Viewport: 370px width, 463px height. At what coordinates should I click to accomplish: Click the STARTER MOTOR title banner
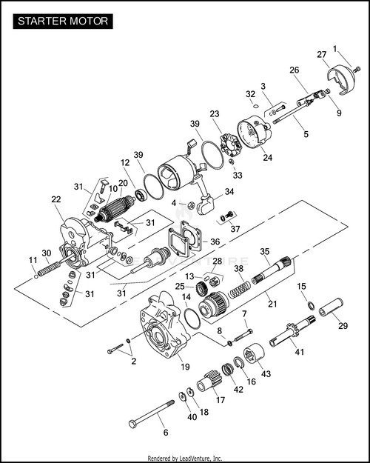click(x=63, y=21)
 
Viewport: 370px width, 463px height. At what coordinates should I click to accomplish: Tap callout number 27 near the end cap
click(x=322, y=55)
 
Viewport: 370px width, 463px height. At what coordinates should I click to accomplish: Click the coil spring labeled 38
click(x=240, y=289)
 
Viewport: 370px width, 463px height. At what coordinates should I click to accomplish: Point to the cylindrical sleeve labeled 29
click(x=331, y=307)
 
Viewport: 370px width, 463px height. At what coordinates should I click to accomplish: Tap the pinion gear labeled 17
click(x=208, y=382)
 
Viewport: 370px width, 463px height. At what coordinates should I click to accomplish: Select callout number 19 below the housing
click(x=185, y=367)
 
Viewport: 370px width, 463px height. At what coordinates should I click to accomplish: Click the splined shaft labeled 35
click(x=272, y=270)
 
